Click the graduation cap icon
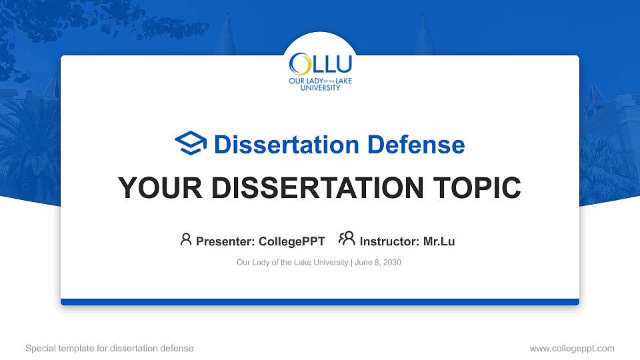pos(191,143)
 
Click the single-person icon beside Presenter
pos(186,239)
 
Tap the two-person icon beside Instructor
pos(347,239)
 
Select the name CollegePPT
pos(291,241)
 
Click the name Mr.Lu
pos(439,241)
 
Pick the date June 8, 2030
pos(378,263)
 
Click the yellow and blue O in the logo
pos(299,64)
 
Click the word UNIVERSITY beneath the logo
pos(320,87)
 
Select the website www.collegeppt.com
pos(572,348)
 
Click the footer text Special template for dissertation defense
pos(109,348)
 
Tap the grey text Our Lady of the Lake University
pos(292,263)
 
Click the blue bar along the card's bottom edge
pos(320,302)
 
